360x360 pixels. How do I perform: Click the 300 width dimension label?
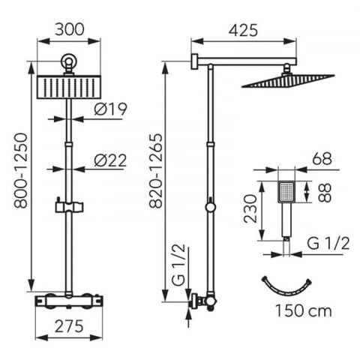[70, 29]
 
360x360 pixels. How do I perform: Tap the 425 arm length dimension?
[243, 31]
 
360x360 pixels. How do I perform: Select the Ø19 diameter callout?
[110, 109]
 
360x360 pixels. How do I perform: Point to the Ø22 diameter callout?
[110, 160]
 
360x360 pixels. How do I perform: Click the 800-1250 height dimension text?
[20, 171]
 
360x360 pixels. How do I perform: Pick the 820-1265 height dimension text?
[156, 171]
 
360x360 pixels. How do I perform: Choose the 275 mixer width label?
[69, 326]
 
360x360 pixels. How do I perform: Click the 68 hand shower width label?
[322, 158]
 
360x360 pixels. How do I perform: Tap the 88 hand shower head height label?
[325, 193]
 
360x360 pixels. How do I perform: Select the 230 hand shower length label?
[250, 208]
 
